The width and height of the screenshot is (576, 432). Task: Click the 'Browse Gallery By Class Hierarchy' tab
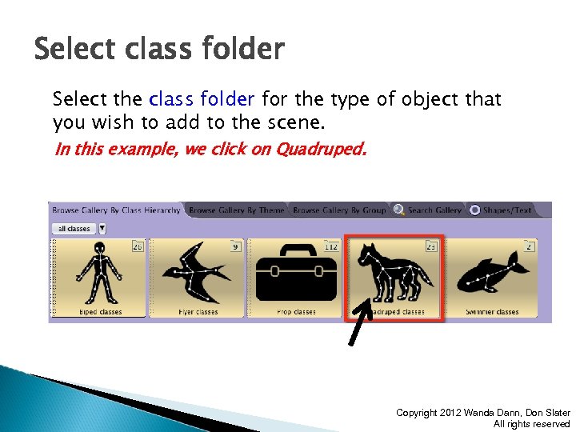(x=116, y=210)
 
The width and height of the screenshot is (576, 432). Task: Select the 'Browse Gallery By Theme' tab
(x=236, y=210)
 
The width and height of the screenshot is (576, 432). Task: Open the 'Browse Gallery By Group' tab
(x=339, y=210)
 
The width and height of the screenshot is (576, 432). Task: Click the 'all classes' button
(x=74, y=229)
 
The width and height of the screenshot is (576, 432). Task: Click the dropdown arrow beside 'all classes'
(x=102, y=229)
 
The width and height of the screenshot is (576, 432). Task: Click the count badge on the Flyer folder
(x=235, y=246)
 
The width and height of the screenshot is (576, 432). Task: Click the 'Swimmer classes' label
(x=492, y=312)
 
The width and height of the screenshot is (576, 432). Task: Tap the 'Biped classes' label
(x=98, y=312)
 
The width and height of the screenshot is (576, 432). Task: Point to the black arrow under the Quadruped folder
(x=359, y=323)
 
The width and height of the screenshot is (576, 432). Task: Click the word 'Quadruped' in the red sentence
(x=319, y=149)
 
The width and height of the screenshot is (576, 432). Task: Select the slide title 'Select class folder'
(x=159, y=50)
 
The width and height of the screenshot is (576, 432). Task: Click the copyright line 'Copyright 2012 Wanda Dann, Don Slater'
(x=482, y=413)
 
